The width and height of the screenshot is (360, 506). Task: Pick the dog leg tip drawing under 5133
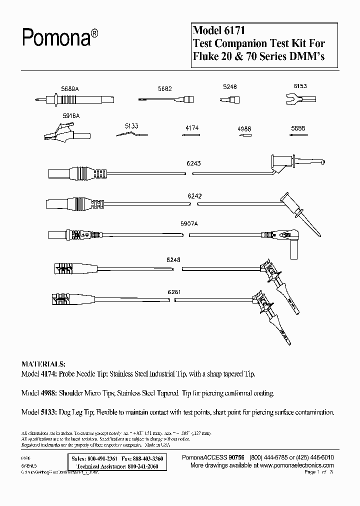coord(129,134)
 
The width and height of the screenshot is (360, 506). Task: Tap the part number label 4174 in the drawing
coord(192,128)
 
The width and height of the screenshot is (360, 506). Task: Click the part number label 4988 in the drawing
coord(243,128)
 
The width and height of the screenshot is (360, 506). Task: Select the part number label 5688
coord(298,128)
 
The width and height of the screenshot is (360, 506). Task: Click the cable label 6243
coord(194,163)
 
